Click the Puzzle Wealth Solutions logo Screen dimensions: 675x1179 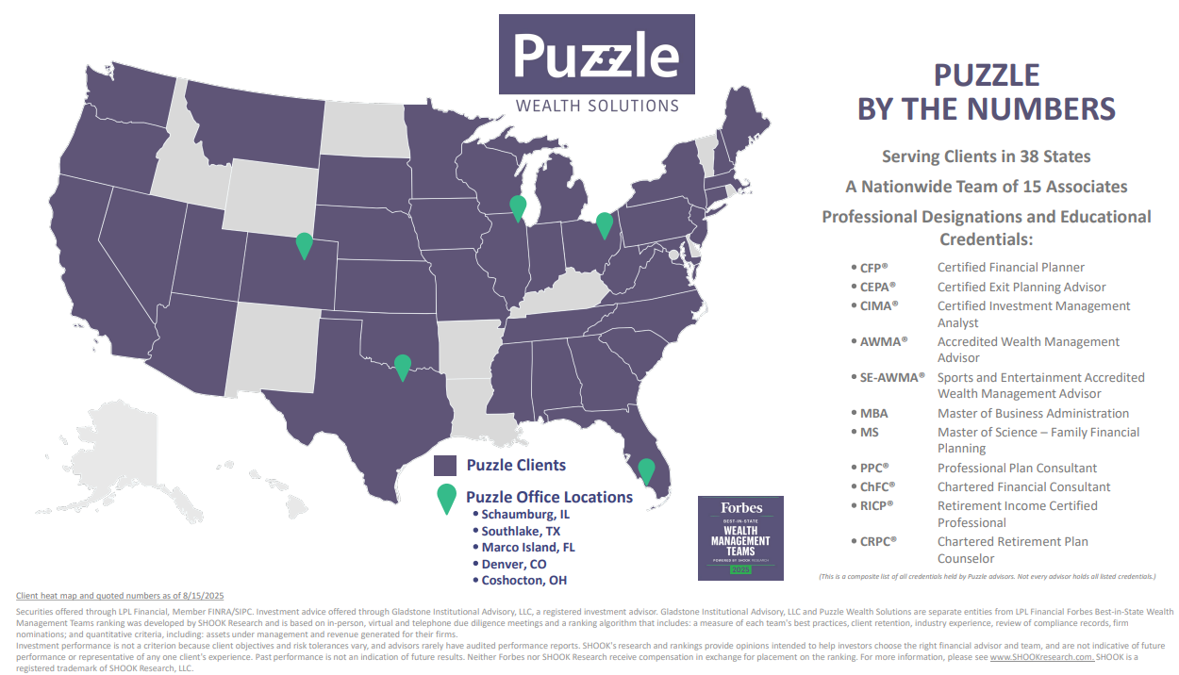tap(596, 65)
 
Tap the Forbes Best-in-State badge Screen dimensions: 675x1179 tap(740, 536)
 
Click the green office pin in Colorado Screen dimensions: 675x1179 tap(304, 244)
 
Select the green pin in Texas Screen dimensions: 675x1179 tap(403, 366)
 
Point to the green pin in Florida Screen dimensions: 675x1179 tap(646, 469)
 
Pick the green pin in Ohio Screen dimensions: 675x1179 tap(605, 224)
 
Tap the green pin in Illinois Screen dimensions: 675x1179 tap(518, 207)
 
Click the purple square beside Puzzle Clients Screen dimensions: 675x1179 tap(445, 465)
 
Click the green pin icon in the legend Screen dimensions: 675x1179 tap(446, 498)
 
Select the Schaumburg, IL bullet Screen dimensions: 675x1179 tap(525, 515)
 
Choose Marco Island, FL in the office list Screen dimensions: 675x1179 tap(528, 547)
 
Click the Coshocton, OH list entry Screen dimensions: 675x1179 tap(524, 580)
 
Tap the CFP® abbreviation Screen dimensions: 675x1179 tap(873, 268)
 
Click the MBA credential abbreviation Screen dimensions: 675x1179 tap(873, 413)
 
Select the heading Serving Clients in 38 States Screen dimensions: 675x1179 tap(986, 156)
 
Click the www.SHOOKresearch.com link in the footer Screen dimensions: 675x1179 tap(1041, 657)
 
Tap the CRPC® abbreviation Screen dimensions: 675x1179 tap(877, 541)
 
